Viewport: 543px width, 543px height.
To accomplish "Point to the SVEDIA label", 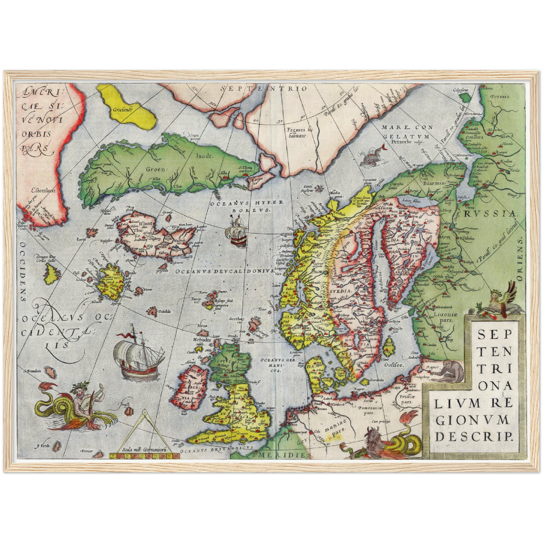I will click(x=340, y=290).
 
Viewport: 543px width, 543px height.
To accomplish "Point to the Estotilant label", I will click(x=43, y=190).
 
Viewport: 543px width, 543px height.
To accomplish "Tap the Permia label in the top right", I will click(x=500, y=97).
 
